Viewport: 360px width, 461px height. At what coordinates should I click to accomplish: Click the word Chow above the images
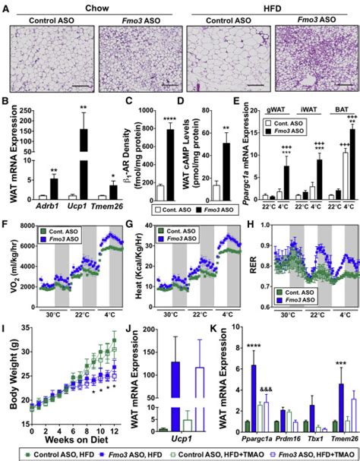(94, 6)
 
